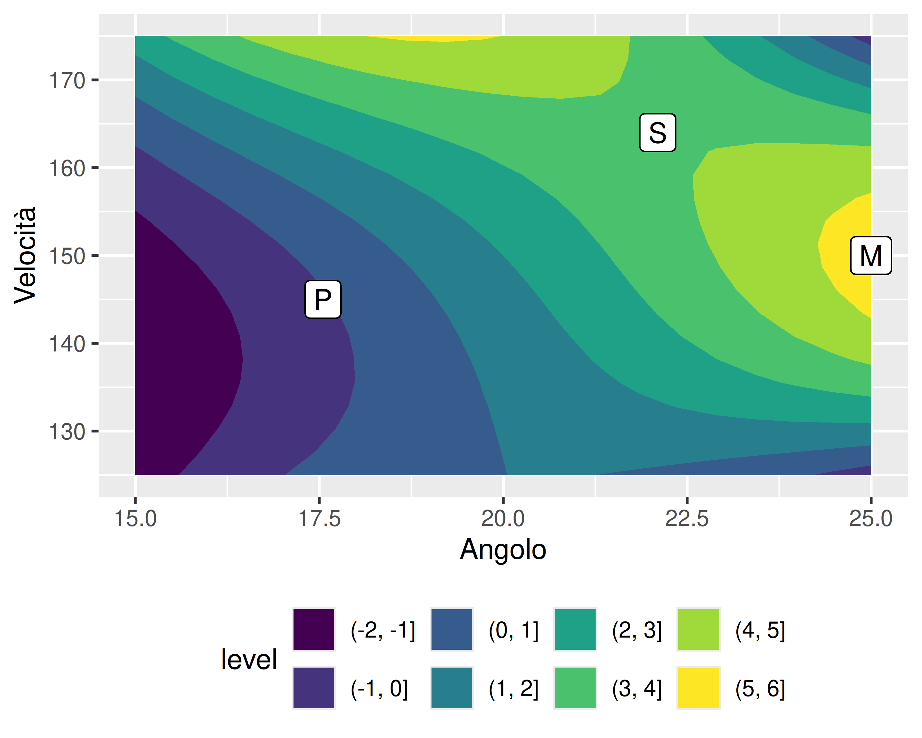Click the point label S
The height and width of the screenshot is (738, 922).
pyautogui.click(x=657, y=133)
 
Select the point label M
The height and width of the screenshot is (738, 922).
pyautogui.click(x=871, y=256)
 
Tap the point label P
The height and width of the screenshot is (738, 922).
pyautogui.click(x=323, y=300)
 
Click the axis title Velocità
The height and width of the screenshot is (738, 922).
pyautogui.click(x=25, y=256)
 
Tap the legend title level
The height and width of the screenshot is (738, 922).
pyautogui.click(x=249, y=659)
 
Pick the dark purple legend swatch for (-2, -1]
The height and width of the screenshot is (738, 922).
pyautogui.click(x=313, y=629)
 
